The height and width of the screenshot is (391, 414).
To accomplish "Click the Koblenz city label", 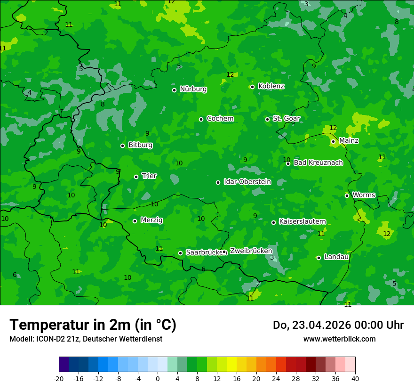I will (x=271, y=86).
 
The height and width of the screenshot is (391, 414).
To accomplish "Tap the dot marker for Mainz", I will (x=333, y=141).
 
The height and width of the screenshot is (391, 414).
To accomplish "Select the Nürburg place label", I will (x=193, y=89).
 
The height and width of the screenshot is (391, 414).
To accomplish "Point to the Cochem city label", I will (x=220, y=119).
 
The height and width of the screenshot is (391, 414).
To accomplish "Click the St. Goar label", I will (x=286, y=119).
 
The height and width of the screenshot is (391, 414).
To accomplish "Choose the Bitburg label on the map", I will (x=140, y=145).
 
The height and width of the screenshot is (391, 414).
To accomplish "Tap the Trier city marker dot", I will (x=136, y=177).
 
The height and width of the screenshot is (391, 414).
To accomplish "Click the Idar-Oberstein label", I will (x=247, y=182).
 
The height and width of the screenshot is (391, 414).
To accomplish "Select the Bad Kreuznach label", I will (x=318, y=163).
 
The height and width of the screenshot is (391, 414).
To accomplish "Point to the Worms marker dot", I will (x=347, y=195).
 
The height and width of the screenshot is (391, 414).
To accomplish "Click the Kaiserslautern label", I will (x=302, y=221).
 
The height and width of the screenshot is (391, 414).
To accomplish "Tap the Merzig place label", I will (x=151, y=220).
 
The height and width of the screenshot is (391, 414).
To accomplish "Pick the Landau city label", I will (x=336, y=257).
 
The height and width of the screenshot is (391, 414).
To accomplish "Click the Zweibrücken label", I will (x=251, y=251).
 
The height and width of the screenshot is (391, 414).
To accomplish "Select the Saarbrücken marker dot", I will (x=180, y=253).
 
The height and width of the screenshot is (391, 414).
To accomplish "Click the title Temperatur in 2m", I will (x=93, y=325).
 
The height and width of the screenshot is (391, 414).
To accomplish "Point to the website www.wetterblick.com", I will (x=339, y=339).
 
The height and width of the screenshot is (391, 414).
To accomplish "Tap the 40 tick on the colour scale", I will (x=355, y=379).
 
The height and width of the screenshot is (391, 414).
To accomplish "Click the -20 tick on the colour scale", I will (x=59, y=379).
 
